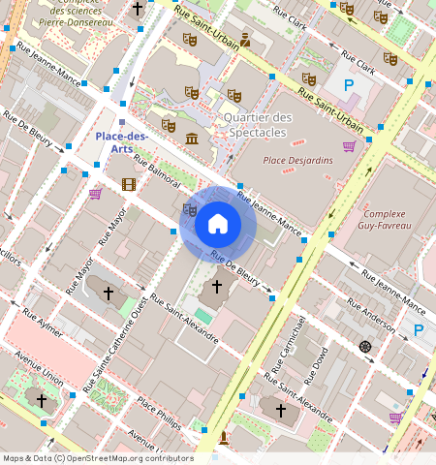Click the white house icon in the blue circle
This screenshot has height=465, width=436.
click(x=218, y=224)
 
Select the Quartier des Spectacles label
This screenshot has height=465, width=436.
click(x=257, y=125)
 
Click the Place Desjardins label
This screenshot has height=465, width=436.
click(x=297, y=160)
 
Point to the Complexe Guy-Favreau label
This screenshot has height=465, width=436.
click(x=386, y=219)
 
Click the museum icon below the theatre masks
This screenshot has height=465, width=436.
click(x=192, y=139)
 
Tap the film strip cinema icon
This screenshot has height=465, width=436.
click(x=129, y=184)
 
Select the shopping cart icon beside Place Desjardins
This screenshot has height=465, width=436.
click(x=349, y=146)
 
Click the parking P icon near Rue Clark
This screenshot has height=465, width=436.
click(x=349, y=85)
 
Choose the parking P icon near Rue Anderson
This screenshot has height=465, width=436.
click(x=420, y=330)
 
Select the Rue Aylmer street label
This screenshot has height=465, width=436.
click(x=44, y=324)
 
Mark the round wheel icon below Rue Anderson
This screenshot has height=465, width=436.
click(x=365, y=347)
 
